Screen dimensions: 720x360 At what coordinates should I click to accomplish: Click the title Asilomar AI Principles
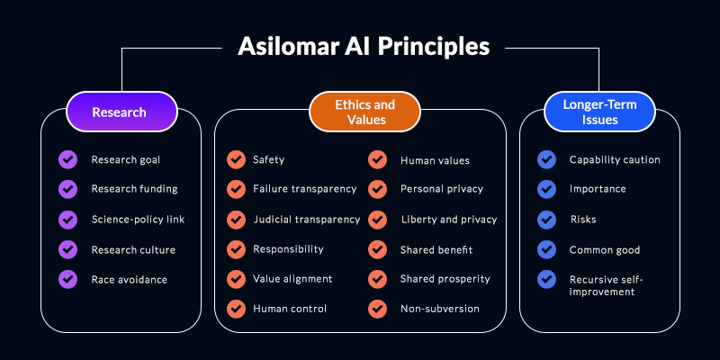pos(364,47)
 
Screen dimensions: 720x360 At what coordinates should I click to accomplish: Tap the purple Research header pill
pos(121,112)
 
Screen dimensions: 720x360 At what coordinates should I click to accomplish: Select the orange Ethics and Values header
pos(364,112)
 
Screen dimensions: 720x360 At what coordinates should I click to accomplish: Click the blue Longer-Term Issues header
pos(599,112)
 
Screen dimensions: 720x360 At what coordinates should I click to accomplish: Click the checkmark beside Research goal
pos(68,160)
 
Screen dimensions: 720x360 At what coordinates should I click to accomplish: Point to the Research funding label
pos(134,189)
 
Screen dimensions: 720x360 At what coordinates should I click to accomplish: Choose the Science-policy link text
pos(138,220)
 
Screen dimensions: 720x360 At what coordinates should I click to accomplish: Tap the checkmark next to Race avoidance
pos(68,279)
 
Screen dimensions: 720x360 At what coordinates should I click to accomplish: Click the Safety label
pos(268,160)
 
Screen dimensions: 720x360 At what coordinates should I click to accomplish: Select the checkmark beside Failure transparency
pos(236,189)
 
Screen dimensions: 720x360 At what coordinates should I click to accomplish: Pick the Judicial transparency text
pos(307,220)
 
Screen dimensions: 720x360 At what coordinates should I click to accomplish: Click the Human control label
pos(290,309)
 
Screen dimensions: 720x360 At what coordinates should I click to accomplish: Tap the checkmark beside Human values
pos(377,160)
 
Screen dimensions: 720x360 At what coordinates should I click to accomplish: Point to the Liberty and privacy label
pos(449,220)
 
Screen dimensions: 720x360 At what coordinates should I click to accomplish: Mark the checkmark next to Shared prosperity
pos(377,279)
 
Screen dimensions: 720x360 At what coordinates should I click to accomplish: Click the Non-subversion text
pos(440,309)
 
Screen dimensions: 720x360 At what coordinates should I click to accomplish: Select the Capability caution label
pos(615,160)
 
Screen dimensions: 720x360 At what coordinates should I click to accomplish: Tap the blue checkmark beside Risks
pos(546,220)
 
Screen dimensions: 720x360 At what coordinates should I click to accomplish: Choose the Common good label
pos(605,250)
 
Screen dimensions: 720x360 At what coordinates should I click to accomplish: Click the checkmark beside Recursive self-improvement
pos(546,279)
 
